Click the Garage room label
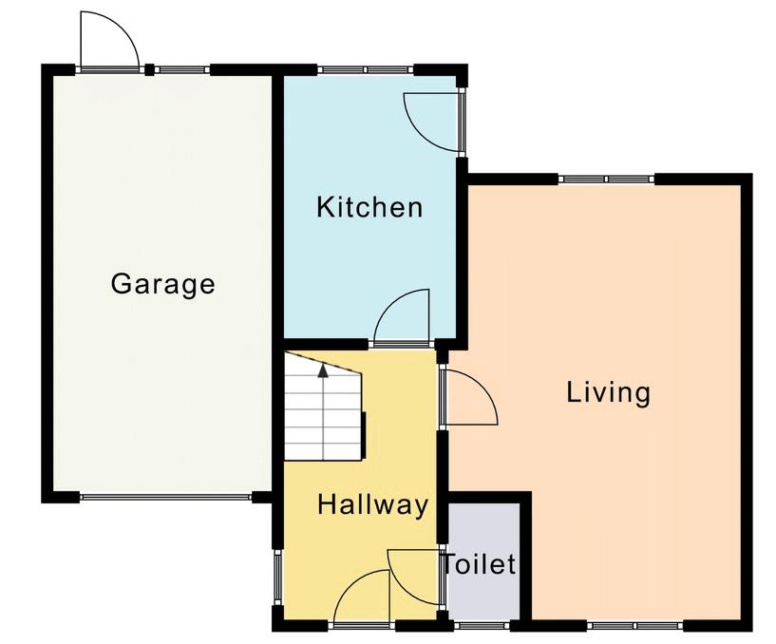162,285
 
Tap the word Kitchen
369,207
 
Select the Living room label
608,393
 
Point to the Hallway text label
372,505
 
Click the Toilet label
479,564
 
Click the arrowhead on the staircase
323,370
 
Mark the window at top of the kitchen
366,69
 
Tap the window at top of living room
607,180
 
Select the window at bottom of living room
635,626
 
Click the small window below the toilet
481,626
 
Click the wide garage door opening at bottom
166,497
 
